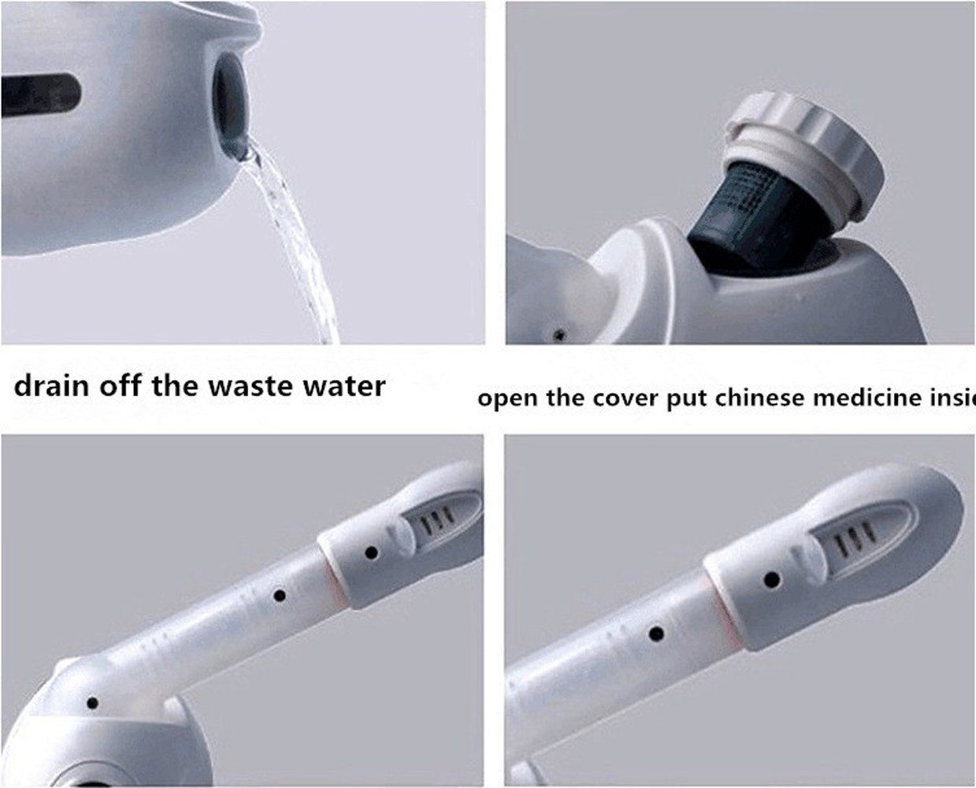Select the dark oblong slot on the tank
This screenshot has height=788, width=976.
point(39,92)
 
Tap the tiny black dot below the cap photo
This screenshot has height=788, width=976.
point(559,335)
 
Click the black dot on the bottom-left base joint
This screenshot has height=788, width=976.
point(92,703)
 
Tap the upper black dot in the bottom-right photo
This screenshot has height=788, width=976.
point(772,580)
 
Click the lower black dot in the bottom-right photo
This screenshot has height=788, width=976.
point(654,633)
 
